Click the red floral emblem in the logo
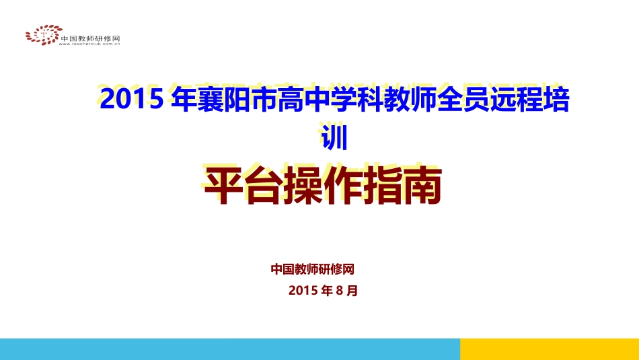tap(41, 35)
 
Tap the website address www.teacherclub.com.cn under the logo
tap(90, 44)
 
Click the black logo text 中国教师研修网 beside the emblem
tap(90, 38)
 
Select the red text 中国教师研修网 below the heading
tap(313, 269)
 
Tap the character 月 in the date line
tap(352, 291)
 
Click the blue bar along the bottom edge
tap(229, 349)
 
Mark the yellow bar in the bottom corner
tap(549, 349)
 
